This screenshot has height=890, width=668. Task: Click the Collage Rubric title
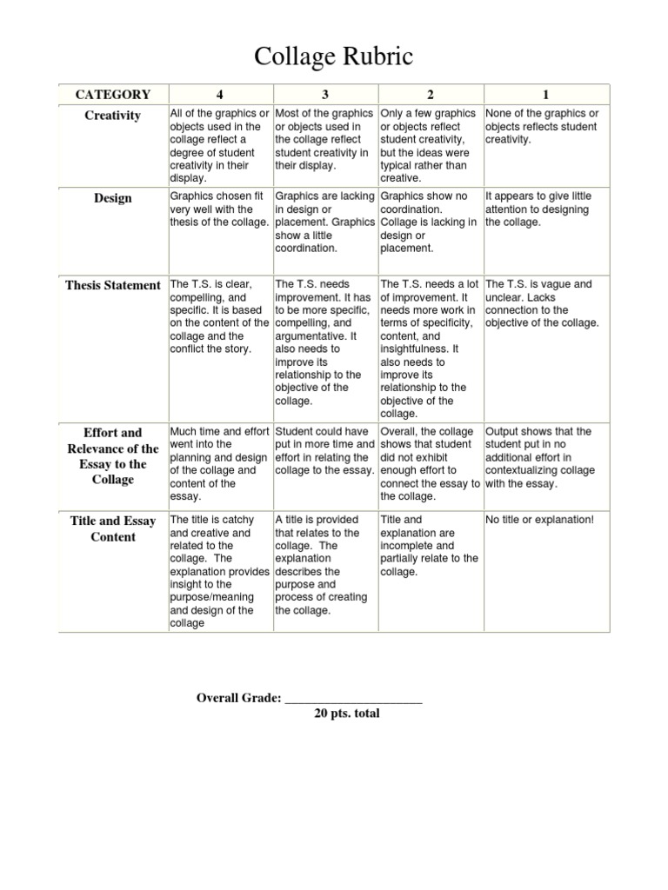333,57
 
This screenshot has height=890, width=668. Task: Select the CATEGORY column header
113,95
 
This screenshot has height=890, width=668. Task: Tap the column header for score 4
220,95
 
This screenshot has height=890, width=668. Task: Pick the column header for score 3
325,95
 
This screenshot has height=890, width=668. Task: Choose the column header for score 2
431,95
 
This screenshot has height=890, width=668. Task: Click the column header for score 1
546,95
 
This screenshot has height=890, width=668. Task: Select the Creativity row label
113,116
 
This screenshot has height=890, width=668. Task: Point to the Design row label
113,198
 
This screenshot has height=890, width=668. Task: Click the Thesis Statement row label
113,285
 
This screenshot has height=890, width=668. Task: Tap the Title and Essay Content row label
113,528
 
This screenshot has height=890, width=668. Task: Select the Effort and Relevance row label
113,455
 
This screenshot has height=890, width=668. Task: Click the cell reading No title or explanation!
539,520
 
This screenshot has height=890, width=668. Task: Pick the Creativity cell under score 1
542,127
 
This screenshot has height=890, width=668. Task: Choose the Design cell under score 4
219,209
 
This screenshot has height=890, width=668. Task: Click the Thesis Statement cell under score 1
542,303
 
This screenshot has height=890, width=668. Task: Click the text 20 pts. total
347,714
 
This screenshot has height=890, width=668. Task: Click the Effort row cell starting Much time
219,463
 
